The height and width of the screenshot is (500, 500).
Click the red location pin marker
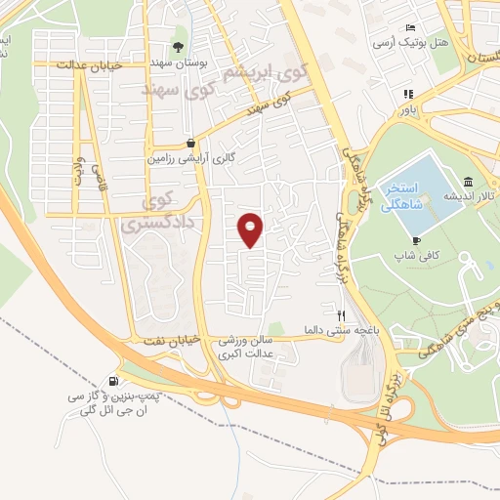tap(252, 229)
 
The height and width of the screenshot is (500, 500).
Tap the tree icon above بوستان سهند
tap(179, 47)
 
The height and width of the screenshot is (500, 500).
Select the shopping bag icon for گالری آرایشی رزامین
tap(191, 142)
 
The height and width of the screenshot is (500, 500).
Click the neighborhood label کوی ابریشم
tap(262, 75)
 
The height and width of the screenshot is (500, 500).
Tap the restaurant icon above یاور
tap(407, 95)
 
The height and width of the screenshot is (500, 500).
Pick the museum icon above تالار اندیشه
tap(469, 182)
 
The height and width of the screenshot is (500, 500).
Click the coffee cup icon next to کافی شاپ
tap(417, 240)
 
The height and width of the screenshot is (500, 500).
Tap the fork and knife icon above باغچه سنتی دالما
tap(341, 314)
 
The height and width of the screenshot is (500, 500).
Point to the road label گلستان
tap(473, 59)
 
